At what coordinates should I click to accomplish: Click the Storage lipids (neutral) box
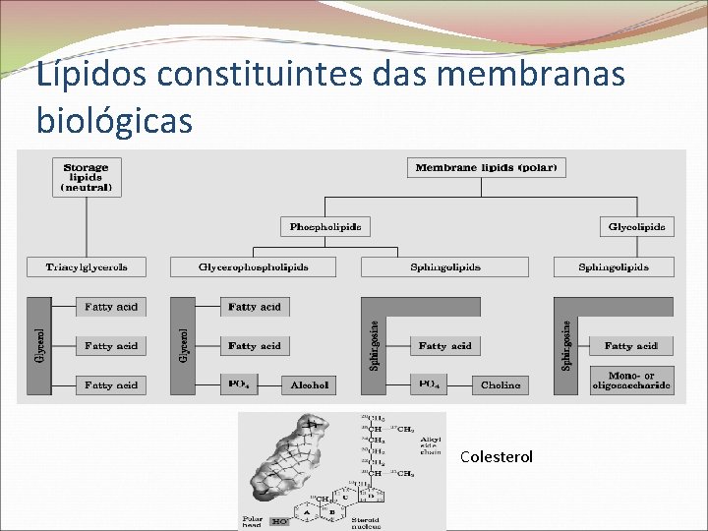(x=87, y=177)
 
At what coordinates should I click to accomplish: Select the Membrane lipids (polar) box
(x=486, y=167)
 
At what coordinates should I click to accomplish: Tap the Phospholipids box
(x=324, y=227)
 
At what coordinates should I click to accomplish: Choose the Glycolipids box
(x=637, y=227)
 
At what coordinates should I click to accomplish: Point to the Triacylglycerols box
(x=87, y=266)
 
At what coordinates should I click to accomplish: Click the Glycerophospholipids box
(x=253, y=266)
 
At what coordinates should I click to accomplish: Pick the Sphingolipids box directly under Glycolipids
(x=614, y=266)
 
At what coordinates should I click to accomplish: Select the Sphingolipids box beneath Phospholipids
(x=444, y=266)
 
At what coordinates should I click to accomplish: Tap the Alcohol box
(x=310, y=384)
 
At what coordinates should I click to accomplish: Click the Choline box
(x=501, y=384)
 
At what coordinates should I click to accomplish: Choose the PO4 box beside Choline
(x=431, y=384)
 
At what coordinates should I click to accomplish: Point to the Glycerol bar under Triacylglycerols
(x=39, y=346)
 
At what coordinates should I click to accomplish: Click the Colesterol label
(x=497, y=457)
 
